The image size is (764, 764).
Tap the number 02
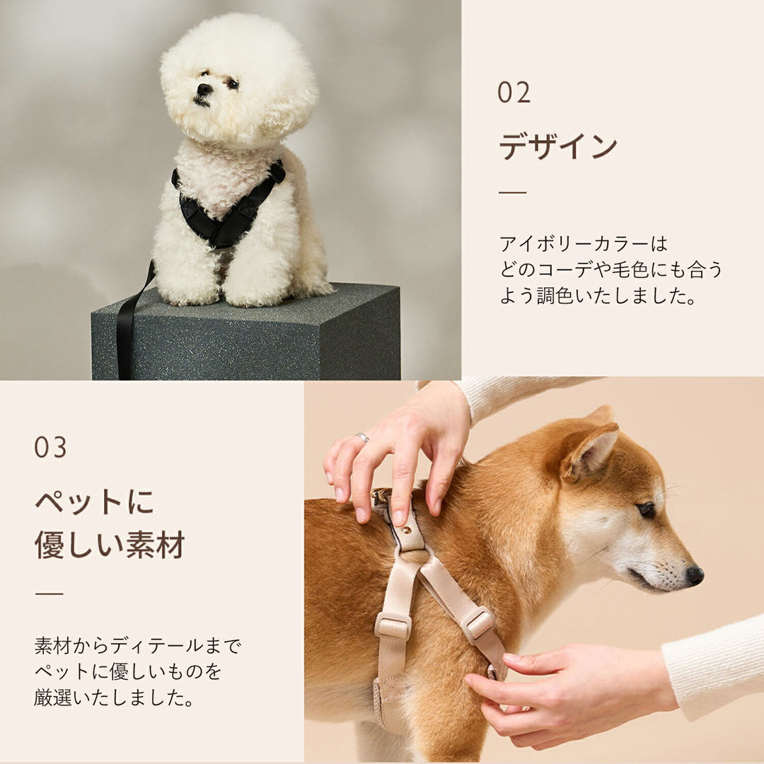point(514,93)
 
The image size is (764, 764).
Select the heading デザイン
point(558,146)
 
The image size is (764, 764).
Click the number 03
point(50,447)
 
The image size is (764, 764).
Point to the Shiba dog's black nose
point(695,575)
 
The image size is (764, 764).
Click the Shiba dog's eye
point(647,509)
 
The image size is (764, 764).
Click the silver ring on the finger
point(361,437)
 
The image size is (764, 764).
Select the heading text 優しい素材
point(110,545)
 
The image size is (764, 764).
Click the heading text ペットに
point(95,502)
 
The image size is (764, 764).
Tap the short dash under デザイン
point(513,192)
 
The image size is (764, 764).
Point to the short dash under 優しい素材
point(50,593)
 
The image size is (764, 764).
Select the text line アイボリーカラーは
point(583,243)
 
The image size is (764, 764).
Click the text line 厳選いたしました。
point(114,698)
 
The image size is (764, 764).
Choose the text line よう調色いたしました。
point(598,295)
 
